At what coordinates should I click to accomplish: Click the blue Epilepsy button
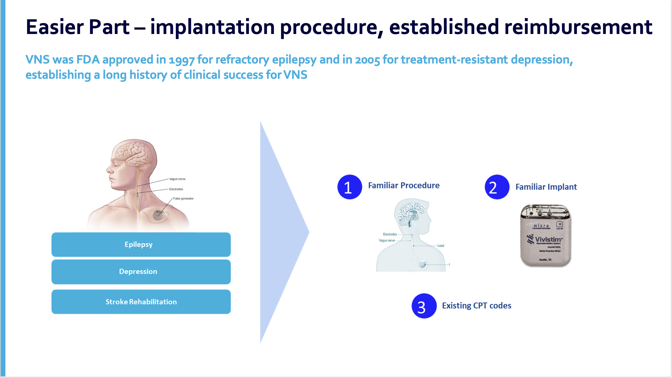pyautogui.click(x=141, y=244)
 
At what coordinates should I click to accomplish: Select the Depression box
pyautogui.click(x=141, y=272)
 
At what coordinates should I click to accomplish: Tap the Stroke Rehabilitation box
pyautogui.click(x=141, y=302)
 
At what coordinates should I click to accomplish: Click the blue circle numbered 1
pyautogui.click(x=349, y=187)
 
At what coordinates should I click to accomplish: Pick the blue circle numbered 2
pyautogui.click(x=497, y=187)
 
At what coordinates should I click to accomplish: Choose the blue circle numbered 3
pyautogui.click(x=424, y=306)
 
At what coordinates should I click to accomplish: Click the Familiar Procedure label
pyautogui.click(x=404, y=186)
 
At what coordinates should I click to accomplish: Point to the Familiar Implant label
pyautogui.click(x=546, y=187)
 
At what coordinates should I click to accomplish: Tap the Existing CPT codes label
pyautogui.click(x=477, y=306)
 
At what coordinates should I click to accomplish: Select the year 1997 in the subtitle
pyautogui.click(x=182, y=60)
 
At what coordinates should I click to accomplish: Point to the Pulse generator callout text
pyautogui.click(x=183, y=199)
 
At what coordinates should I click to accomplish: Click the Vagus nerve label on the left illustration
pyautogui.click(x=177, y=179)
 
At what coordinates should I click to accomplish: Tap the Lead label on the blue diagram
pyautogui.click(x=441, y=246)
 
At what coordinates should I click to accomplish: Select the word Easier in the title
pyautogui.click(x=55, y=27)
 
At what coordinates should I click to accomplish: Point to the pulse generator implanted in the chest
pyautogui.click(x=158, y=215)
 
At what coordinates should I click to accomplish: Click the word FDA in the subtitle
pyautogui.click(x=88, y=60)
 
